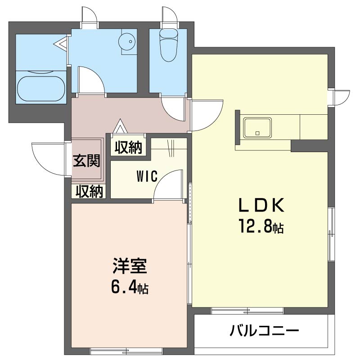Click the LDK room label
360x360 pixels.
[261, 206]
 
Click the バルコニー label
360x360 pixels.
[265, 333]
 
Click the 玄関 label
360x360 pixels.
[87, 160]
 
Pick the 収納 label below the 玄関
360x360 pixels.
[89, 191]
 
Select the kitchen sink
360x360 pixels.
[257, 128]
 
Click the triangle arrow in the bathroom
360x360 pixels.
[61, 44]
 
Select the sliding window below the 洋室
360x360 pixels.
[126, 350]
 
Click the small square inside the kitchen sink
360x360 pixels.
[257, 133]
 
